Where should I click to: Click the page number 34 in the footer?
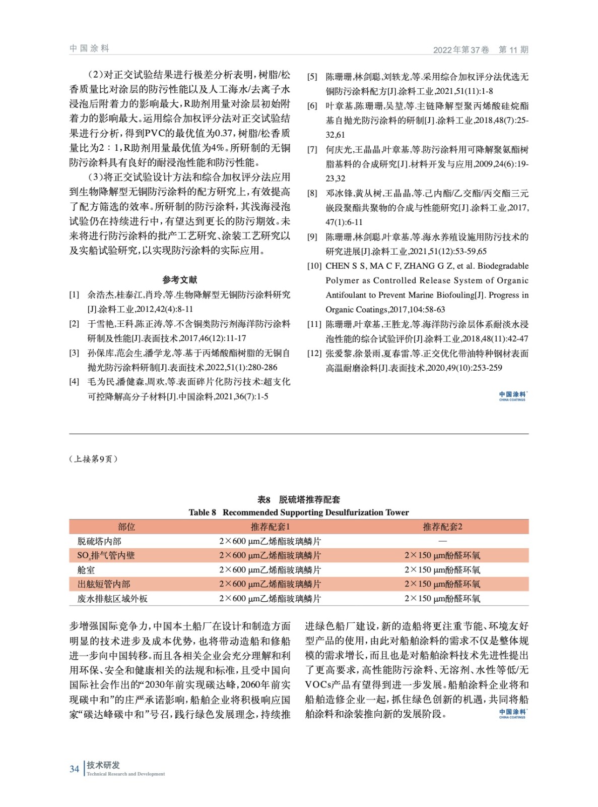pyautogui.click(x=74, y=769)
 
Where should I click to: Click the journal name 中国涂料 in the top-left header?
pyautogui.click(x=89, y=48)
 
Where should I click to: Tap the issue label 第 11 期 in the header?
pyautogui.click(x=513, y=49)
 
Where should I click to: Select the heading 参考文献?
pyautogui.click(x=179, y=279)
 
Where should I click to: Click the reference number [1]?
pyautogui.click(x=74, y=295)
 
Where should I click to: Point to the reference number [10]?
pyautogui.click(x=314, y=266)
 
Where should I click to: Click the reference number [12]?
pyautogui.click(x=314, y=353)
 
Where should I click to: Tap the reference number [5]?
pyautogui.click(x=312, y=77)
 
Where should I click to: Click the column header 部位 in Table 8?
pyautogui.click(x=126, y=527)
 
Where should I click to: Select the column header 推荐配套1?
pyautogui.click(x=270, y=527)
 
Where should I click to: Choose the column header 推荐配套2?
pyautogui.click(x=442, y=527)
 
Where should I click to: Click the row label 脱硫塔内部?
pyautogui.click(x=99, y=541)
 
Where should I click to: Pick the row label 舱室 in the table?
pyautogui.click(x=86, y=570)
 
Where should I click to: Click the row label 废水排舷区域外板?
pyautogui.click(x=112, y=599)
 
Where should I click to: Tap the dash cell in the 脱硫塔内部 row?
pyautogui.click(x=442, y=541)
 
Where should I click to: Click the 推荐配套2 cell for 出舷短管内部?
pyautogui.click(x=442, y=584)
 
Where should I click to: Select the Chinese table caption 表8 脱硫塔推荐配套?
pyautogui.click(x=299, y=499)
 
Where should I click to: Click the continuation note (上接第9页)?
pyautogui.click(x=93, y=459)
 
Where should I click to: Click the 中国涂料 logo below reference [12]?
pyautogui.click(x=512, y=396)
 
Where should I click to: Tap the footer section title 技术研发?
pyautogui.click(x=103, y=765)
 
